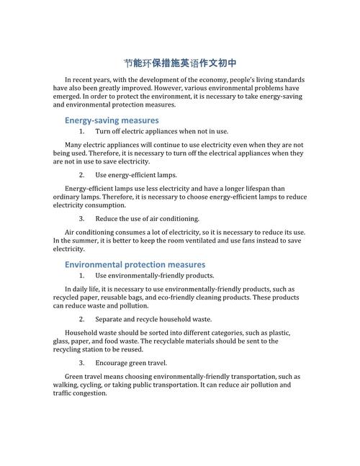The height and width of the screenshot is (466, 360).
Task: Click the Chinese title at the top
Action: click(x=180, y=63)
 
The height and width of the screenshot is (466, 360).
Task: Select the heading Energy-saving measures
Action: click(x=112, y=120)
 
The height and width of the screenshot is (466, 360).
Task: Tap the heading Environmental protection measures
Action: click(x=135, y=264)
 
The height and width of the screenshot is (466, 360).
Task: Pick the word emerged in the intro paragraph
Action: click(x=69, y=97)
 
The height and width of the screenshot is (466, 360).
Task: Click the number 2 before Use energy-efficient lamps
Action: click(x=82, y=175)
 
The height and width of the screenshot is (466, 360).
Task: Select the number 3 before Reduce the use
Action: click(x=82, y=218)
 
